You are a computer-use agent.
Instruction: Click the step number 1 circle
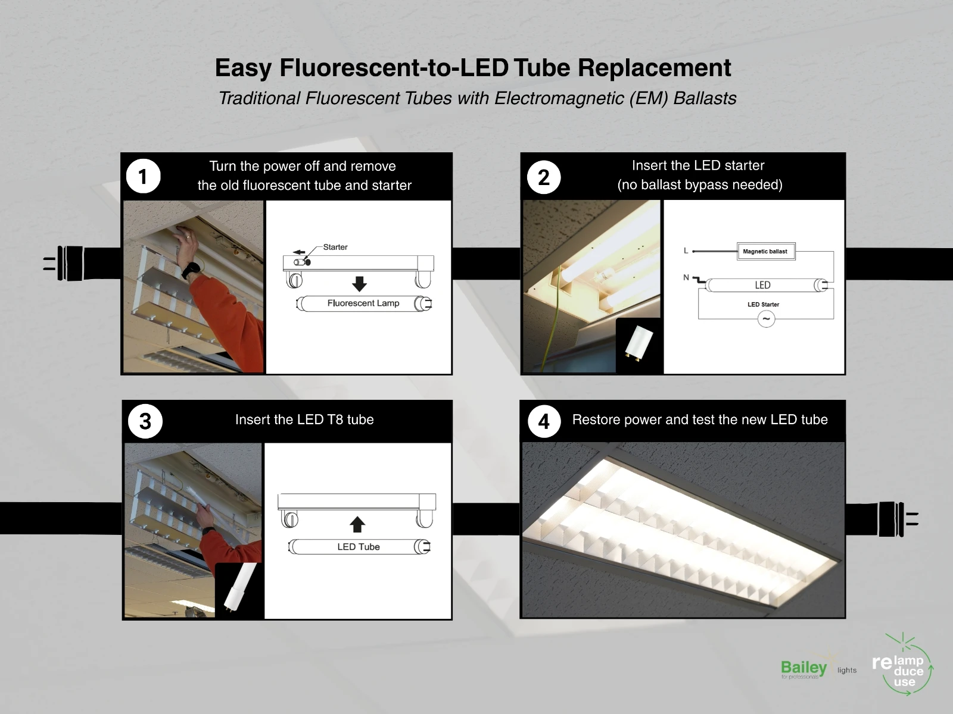coord(144,177)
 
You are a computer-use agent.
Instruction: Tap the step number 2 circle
coord(544,177)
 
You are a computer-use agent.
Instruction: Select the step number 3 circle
coord(145,421)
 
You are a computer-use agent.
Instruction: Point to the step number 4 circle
coord(544,421)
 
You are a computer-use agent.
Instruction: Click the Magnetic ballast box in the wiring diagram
coord(767,252)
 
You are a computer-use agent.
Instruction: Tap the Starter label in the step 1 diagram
coord(335,247)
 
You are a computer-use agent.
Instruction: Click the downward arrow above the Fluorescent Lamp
coord(360,284)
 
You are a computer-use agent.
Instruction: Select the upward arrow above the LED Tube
coord(357,525)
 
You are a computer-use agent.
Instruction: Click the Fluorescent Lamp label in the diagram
coord(363,303)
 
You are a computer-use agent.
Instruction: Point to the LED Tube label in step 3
coord(359,547)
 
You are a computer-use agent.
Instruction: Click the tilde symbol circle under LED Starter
coord(767,319)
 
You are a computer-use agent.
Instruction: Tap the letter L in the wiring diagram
coord(686,250)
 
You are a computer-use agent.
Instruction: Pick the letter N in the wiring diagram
coord(686,277)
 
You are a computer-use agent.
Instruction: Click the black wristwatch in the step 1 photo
coord(190,271)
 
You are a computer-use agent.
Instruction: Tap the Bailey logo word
coord(803,668)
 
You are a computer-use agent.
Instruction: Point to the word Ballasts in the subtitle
coord(705,98)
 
